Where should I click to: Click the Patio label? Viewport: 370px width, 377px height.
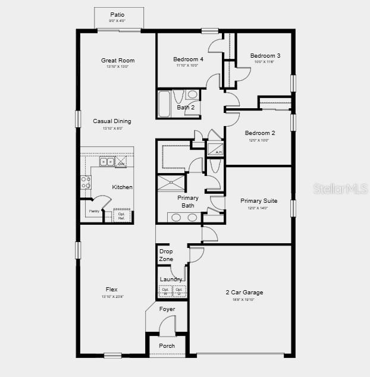point(117,15)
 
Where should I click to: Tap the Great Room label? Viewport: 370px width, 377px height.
point(117,60)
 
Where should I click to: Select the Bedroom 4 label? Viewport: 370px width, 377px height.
point(188,59)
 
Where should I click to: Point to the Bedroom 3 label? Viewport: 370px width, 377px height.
point(265,56)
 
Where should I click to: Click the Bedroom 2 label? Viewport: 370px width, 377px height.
point(260,133)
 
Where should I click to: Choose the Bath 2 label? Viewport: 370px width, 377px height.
point(186,108)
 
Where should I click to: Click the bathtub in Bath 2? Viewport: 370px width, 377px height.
point(165,103)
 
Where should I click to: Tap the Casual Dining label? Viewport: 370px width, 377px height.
point(112,121)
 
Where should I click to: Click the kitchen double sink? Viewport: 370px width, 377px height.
point(107,162)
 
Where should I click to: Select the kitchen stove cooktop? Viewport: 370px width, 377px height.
point(86,182)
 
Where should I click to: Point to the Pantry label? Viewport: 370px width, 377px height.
point(94,211)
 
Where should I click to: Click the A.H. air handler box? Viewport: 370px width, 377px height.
point(215,148)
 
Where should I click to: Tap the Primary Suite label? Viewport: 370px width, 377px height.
point(258,201)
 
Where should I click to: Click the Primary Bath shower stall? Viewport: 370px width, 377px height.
point(171,183)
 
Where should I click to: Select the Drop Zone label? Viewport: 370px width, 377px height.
point(166,255)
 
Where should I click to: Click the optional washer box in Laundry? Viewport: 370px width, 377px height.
point(165,291)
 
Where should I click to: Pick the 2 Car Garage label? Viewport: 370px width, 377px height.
point(244,293)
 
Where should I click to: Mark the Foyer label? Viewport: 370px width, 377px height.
point(167,309)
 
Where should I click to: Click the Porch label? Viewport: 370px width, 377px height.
point(167,345)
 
